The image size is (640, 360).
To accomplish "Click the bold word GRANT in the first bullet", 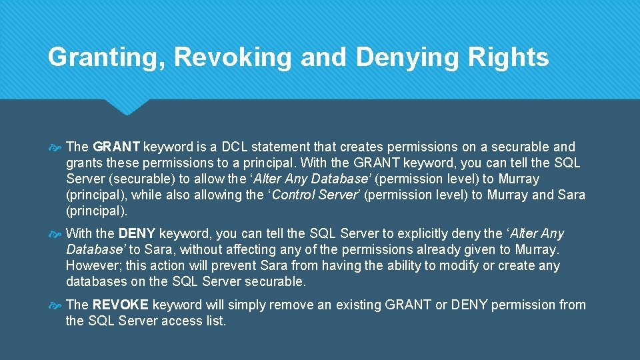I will [x=117, y=147].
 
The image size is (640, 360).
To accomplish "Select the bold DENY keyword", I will [x=137, y=234].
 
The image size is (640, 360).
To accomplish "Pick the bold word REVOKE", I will [x=121, y=305].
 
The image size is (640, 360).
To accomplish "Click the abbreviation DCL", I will [x=239, y=147].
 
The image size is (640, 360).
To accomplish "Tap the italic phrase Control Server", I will [x=316, y=195].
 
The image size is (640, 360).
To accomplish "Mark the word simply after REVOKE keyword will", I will [x=247, y=305].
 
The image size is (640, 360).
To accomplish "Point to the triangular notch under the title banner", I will [x=127, y=106].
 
